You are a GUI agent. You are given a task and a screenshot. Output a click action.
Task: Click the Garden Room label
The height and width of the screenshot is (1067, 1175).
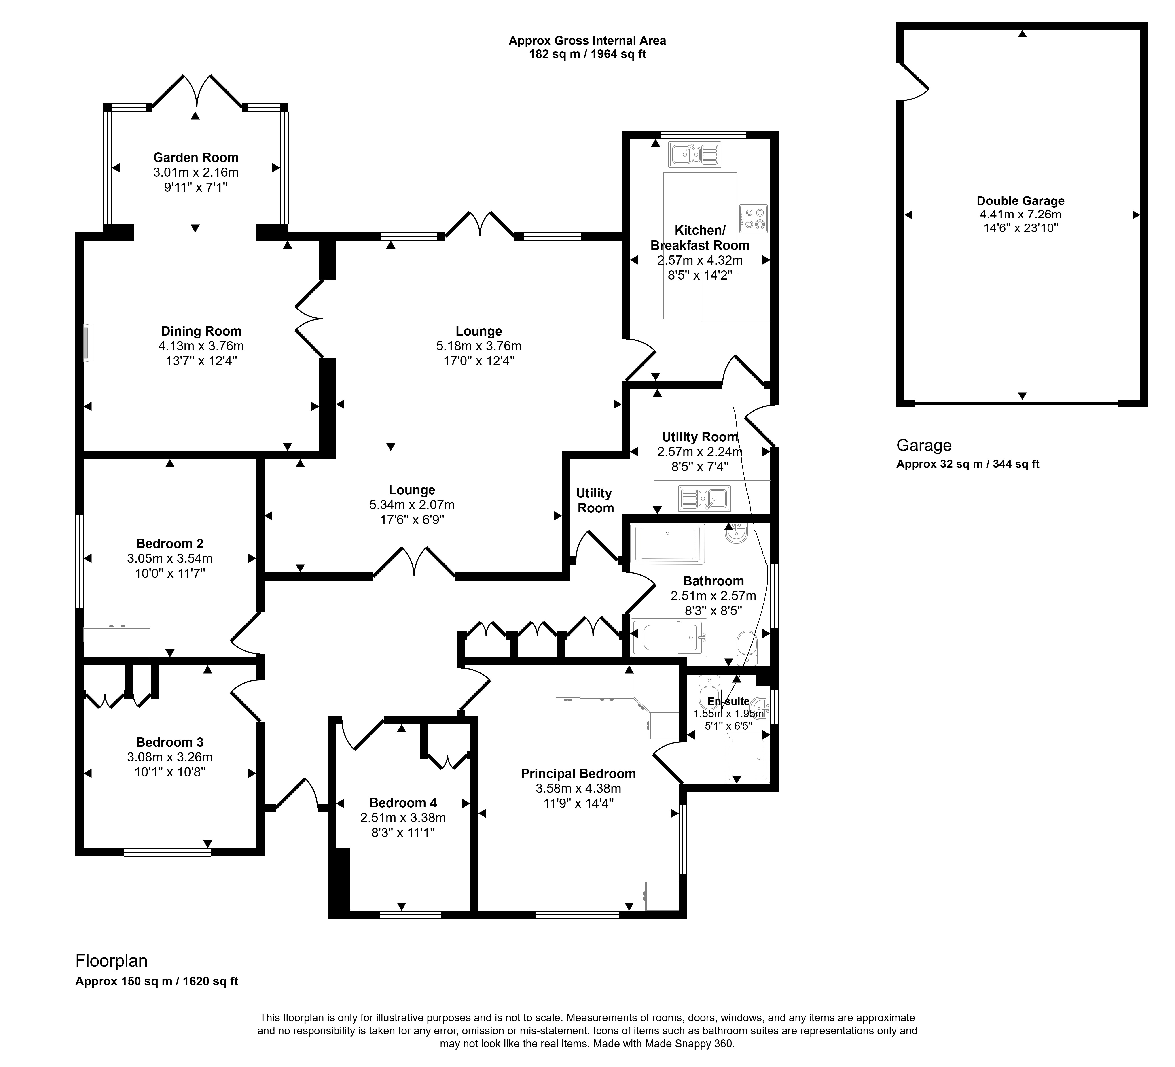[x=196, y=157]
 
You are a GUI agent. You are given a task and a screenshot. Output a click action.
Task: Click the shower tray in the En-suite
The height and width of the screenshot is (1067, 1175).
[x=747, y=758]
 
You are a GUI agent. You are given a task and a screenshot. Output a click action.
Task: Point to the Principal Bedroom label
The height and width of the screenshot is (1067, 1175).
[x=578, y=774]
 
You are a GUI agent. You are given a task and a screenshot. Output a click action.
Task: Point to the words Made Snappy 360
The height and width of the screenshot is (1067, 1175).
[x=688, y=1044]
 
